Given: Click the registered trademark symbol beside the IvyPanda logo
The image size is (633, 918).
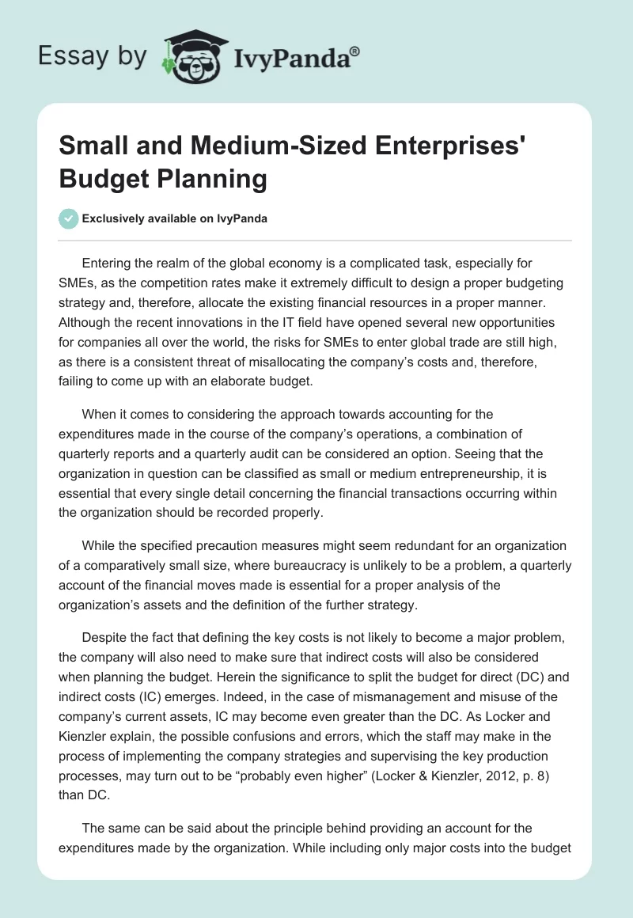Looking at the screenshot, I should (x=354, y=51).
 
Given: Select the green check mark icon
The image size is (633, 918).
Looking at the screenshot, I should (x=69, y=218).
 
